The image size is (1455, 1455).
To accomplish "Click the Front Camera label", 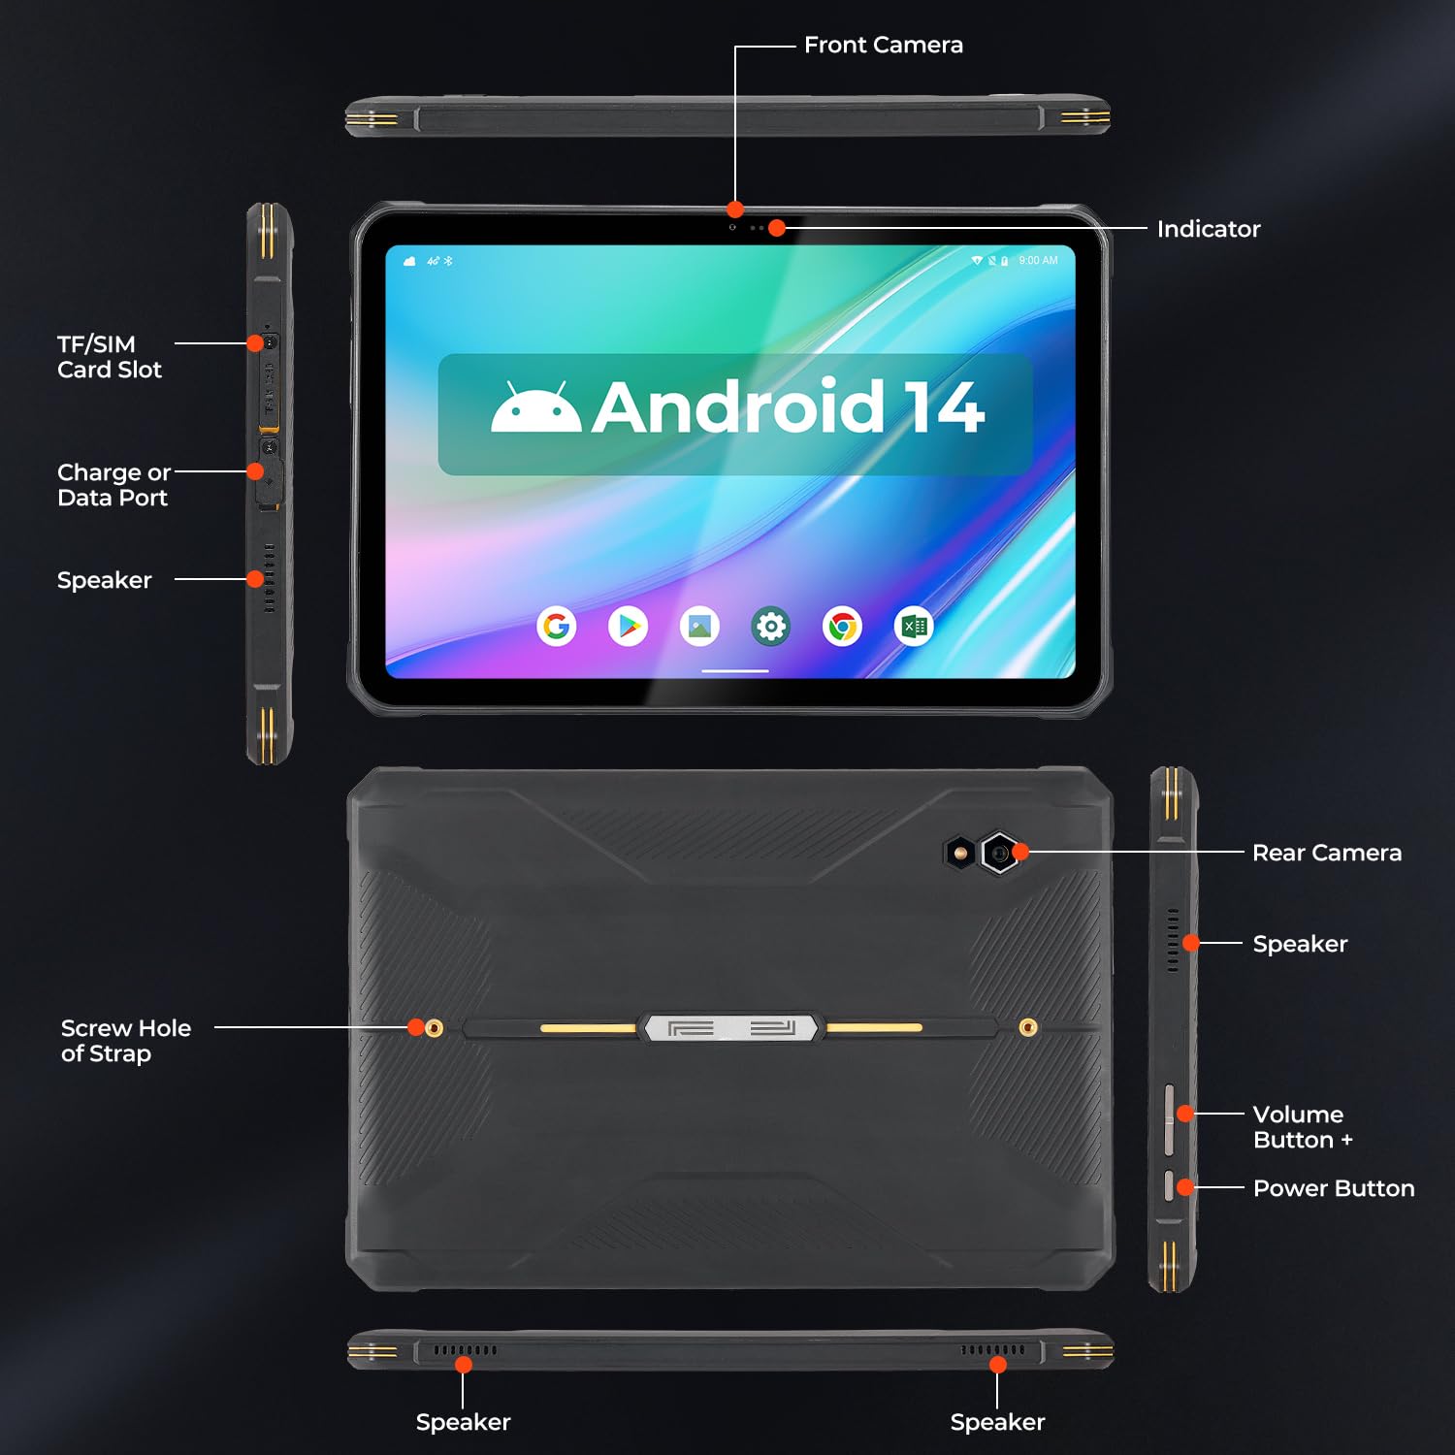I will tap(883, 46).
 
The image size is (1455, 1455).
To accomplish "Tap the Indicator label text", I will tap(1208, 230).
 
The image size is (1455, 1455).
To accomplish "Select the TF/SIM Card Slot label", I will tap(109, 357).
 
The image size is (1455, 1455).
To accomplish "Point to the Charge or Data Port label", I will tap(113, 485).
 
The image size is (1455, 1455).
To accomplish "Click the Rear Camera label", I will tap(1326, 854).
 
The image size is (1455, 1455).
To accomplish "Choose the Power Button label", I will tap(1333, 1189).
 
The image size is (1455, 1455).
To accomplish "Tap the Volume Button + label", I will tap(1302, 1127).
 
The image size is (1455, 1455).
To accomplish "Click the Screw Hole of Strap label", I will tap(125, 1041).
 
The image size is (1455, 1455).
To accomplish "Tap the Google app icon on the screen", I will tap(557, 627).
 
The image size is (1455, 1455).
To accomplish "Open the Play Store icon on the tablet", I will tap(629, 627).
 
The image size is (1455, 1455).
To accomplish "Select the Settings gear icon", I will tap(771, 627).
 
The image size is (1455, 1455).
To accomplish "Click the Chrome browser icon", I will tap(842, 627).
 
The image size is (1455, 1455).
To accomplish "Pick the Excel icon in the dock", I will tap(914, 627).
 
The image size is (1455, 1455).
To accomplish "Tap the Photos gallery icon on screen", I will tap(699, 627).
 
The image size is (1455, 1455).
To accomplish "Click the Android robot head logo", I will tap(535, 408).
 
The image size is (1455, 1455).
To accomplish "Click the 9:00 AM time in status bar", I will tap(1038, 261).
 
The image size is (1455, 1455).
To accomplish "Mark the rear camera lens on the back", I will tap(999, 854).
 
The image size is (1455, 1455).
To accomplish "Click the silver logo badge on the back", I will tap(731, 1028).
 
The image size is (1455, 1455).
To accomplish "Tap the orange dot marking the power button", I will tap(1184, 1187).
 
